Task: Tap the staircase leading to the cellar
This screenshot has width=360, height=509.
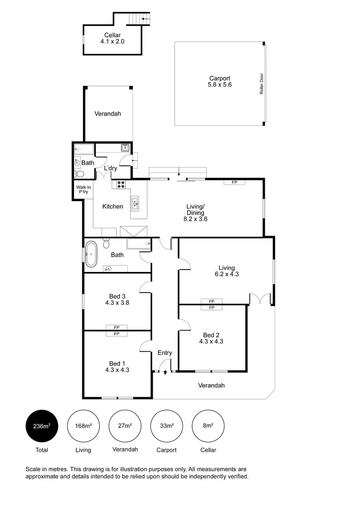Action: tap(140, 19)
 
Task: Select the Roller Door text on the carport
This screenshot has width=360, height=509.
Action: tap(262, 84)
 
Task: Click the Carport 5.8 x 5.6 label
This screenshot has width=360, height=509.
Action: tap(219, 82)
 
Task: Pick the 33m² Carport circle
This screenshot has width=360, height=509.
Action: tap(166, 426)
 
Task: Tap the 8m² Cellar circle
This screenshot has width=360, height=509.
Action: tap(208, 426)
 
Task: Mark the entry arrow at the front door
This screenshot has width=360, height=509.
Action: tap(165, 372)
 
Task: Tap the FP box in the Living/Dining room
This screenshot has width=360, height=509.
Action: tap(234, 182)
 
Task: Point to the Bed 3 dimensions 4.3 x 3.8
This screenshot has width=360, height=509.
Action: tap(117, 303)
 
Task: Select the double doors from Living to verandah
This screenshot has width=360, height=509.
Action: tap(260, 299)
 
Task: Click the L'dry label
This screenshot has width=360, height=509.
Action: tap(110, 168)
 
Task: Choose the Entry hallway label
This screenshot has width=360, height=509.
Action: tap(165, 353)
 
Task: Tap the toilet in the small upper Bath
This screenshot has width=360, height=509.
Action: tap(79, 174)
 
